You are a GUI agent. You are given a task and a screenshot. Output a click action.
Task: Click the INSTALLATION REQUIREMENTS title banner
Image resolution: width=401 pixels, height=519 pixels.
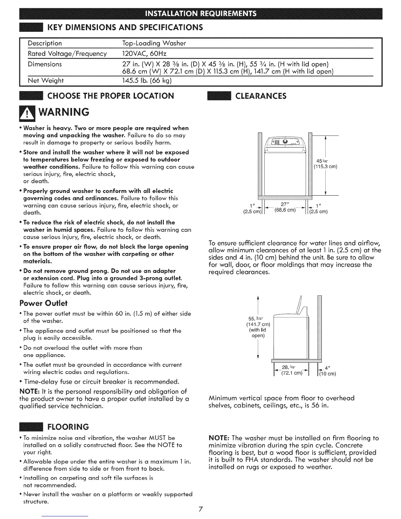200,15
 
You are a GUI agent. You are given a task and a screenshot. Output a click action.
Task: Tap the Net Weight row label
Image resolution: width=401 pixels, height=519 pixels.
46,81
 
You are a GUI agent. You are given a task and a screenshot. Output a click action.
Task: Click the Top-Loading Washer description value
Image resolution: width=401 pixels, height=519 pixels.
154,43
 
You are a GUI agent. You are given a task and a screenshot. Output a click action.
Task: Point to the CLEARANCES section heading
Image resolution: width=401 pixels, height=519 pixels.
263,96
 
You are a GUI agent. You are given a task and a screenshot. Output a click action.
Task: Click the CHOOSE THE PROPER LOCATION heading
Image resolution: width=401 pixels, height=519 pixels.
111,96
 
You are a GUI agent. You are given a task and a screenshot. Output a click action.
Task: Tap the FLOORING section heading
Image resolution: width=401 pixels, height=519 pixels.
68,427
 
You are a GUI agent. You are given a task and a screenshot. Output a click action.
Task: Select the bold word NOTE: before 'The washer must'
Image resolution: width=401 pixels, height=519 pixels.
219,438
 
